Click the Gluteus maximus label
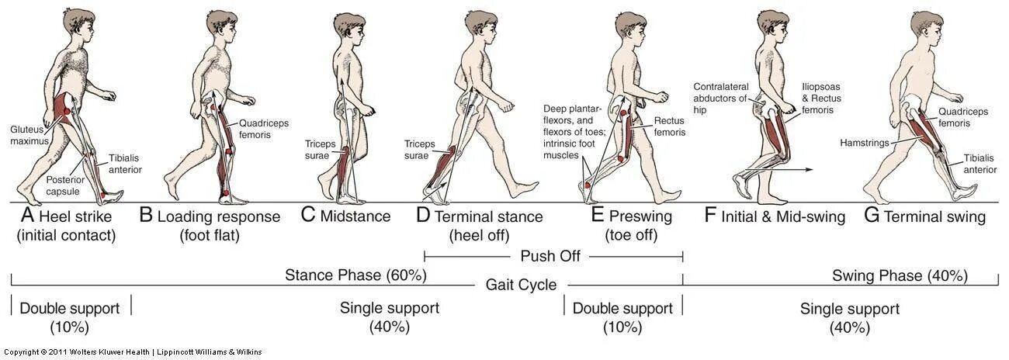[x=29, y=135]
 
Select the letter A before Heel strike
[x=26, y=216]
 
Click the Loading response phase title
[x=218, y=216]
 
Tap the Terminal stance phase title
[x=488, y=216]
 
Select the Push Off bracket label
[x=553, y=256]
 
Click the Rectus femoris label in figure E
[x=669, y=126]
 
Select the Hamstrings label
[x=863, y=143]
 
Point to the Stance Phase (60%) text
[x=355, y=275]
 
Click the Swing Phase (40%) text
[x=900, y=275]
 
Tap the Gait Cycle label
[x=521, y=285]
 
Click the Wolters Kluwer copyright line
[x=133, y=352]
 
